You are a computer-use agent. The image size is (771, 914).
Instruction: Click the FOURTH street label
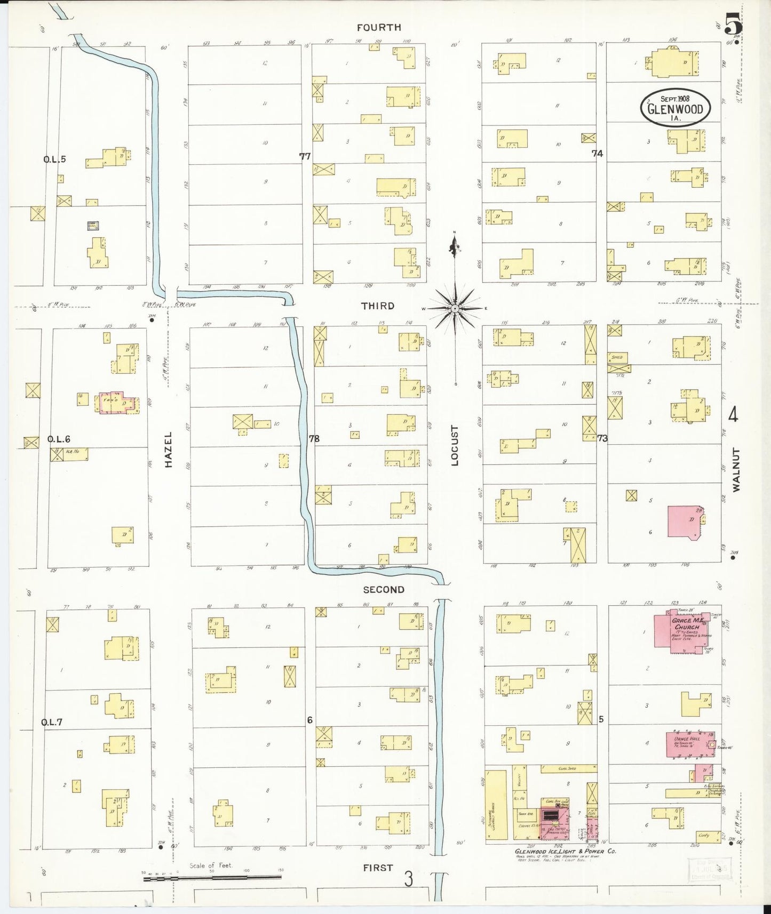[379, 27]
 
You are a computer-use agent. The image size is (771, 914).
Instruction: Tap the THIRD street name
[378, 306]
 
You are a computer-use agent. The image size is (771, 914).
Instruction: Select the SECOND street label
[384, 590]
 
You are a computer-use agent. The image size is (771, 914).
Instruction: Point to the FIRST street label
[378, 868]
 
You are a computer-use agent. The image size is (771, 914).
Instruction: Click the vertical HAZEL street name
[169, 457]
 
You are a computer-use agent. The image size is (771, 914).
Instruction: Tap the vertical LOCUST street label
[455, 445]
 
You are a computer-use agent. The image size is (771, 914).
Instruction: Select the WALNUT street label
[737, 470]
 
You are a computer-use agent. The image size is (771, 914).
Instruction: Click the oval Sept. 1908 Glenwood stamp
[675, 108]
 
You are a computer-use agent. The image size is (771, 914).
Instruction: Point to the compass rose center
[455, 309]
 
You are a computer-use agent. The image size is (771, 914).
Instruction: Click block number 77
[305, 156]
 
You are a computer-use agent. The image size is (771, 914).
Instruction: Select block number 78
[314, 438]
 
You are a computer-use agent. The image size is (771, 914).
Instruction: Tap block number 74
[597, 154]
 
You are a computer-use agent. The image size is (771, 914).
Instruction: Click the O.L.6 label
[59, 439]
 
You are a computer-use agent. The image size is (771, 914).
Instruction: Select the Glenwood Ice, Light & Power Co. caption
[565, 851]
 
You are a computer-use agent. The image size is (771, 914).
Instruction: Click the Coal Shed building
[568, 768]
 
